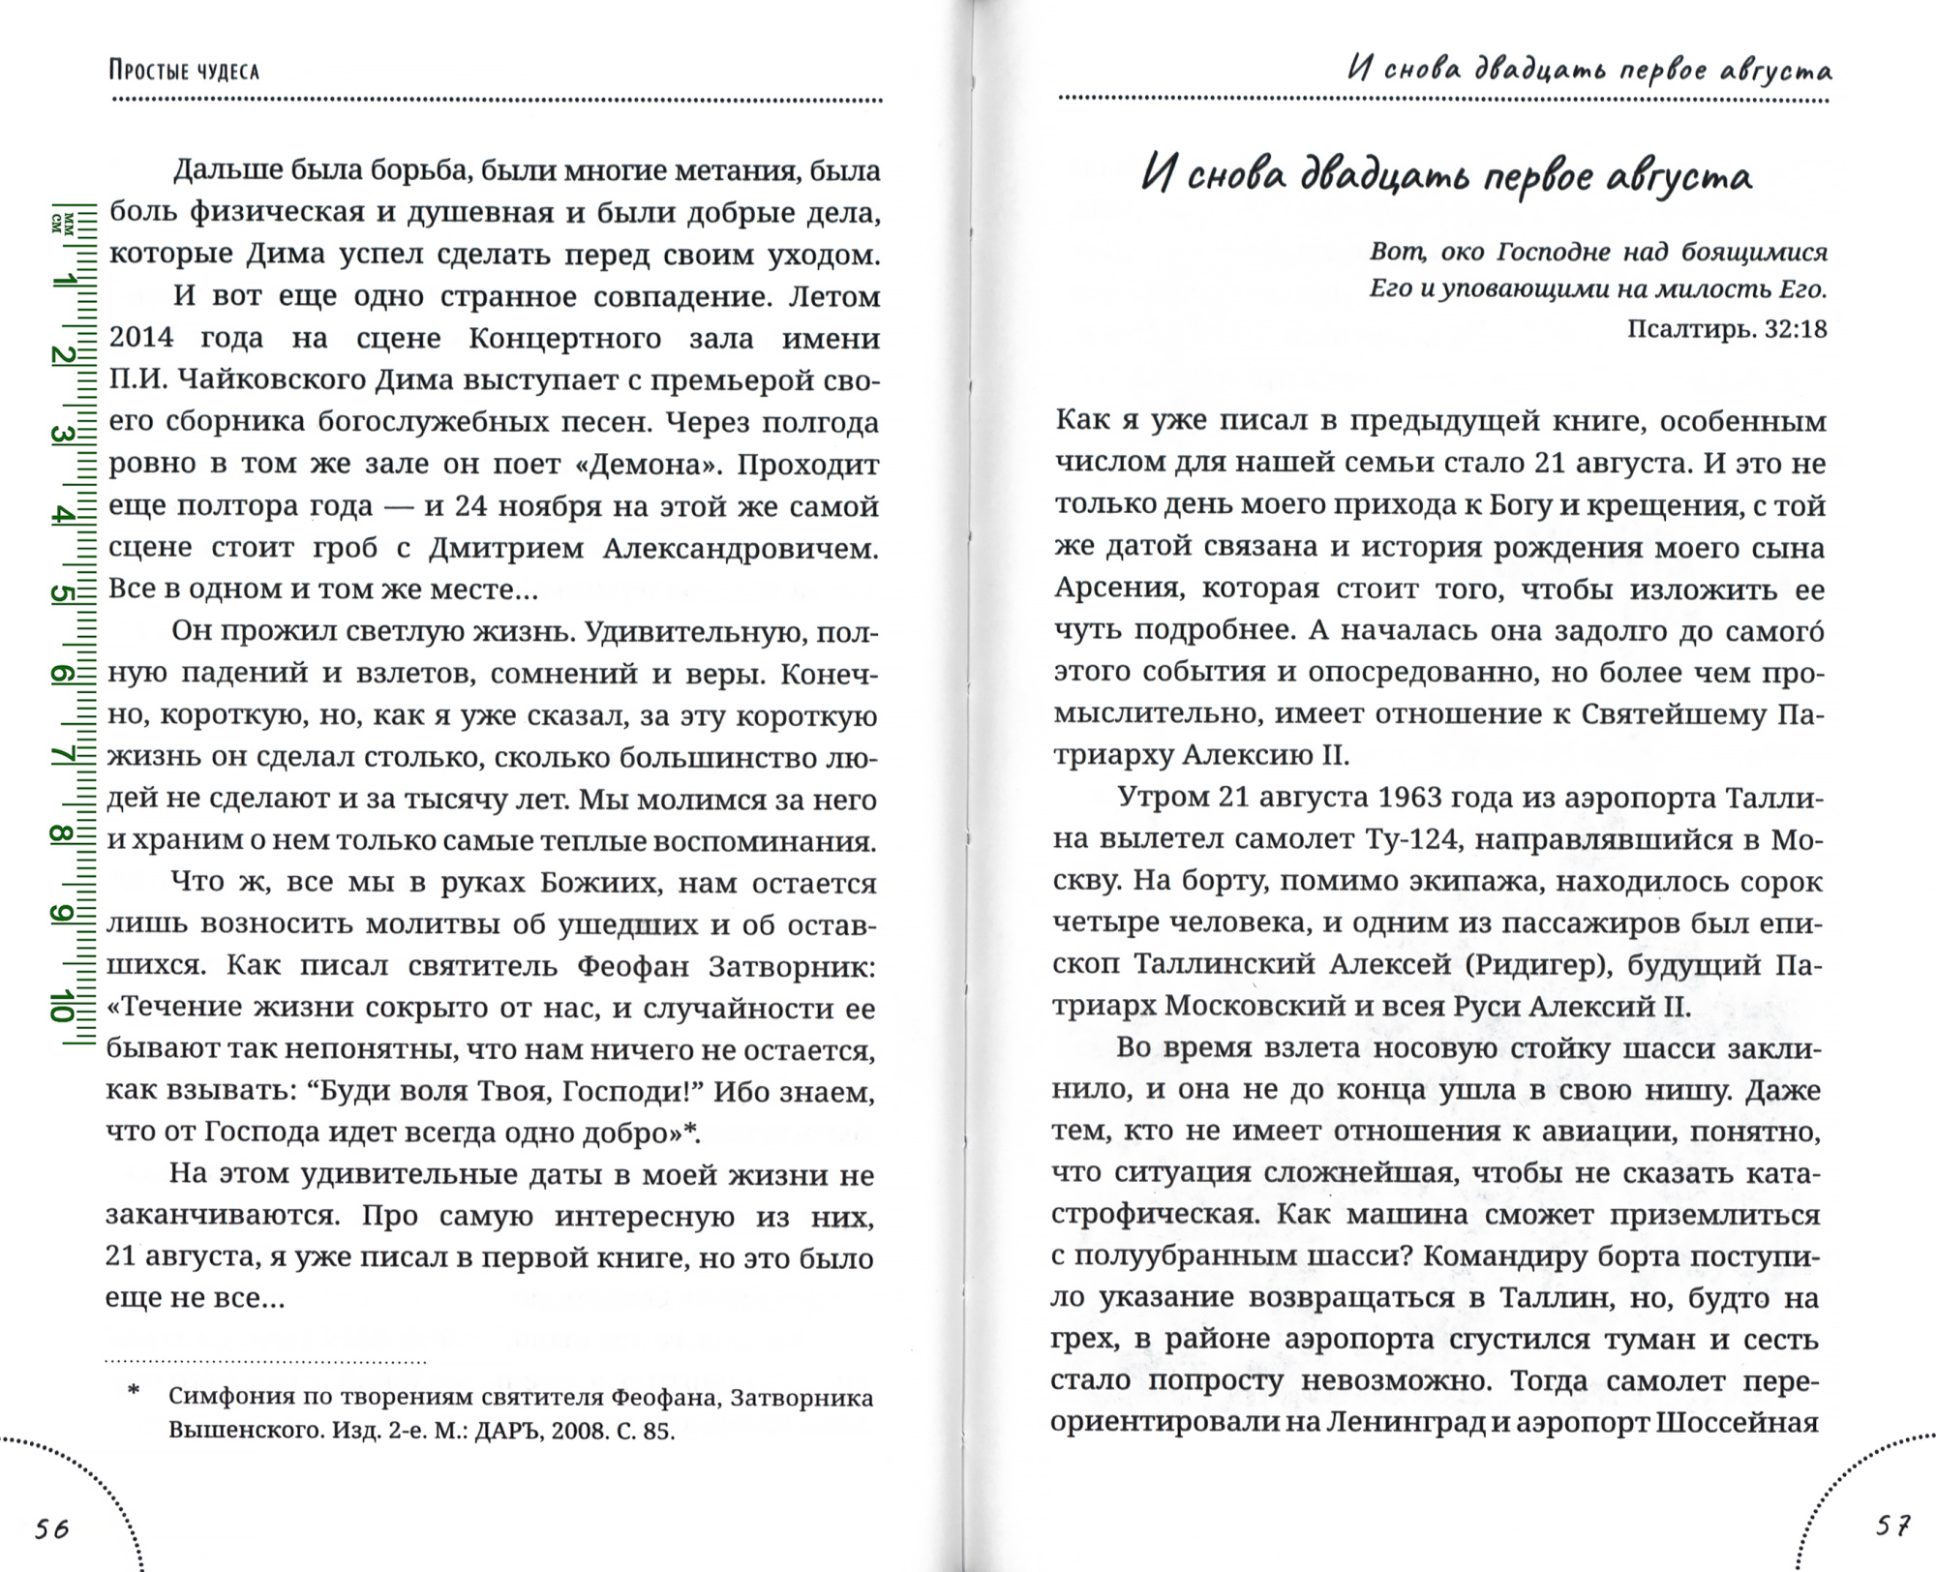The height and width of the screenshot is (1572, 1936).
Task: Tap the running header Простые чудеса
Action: point(184,71)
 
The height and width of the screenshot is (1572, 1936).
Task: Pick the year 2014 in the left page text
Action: point(141,338)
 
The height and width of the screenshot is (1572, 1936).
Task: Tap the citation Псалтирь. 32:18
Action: point(1727,329)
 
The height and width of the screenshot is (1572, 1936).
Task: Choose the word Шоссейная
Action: point(1739,1423)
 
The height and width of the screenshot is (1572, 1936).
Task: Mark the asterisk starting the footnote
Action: point(134,1392)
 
